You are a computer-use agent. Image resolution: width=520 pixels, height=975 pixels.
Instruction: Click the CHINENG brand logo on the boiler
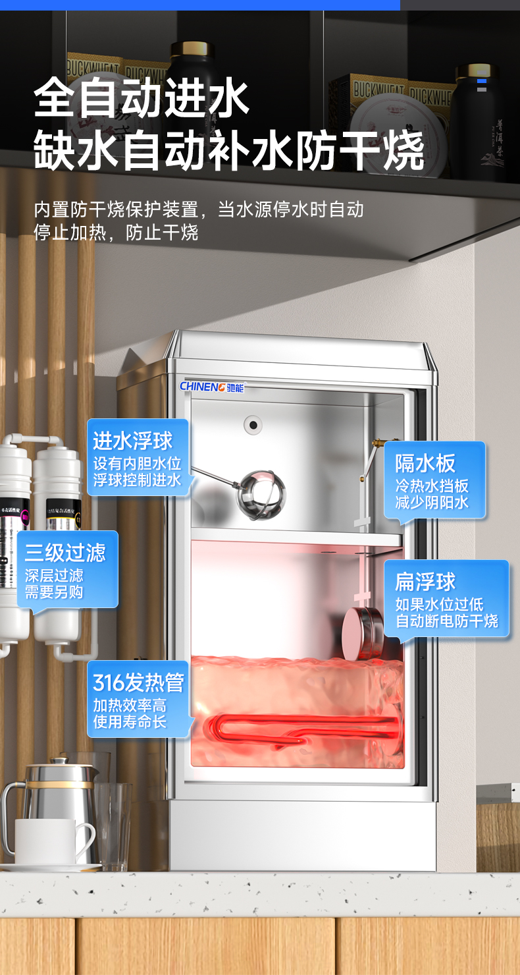pos(212,387)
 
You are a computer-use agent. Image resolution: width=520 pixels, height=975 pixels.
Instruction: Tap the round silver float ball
pos(261,493)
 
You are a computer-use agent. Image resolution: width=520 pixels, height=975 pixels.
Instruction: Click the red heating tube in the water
pos(303,730)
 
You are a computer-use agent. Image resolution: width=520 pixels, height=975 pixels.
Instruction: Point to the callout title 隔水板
pos(425,463)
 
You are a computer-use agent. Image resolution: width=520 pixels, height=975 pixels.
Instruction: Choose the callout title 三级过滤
pos(65,552)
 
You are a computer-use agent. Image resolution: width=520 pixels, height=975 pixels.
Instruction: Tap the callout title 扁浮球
pos(425,582)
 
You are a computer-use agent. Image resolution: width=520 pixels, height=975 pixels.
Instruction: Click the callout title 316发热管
pos(138,682)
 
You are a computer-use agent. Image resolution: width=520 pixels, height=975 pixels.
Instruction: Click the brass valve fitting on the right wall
pos(376,443)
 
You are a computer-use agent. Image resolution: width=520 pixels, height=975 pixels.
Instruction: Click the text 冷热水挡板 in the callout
pos(432,486)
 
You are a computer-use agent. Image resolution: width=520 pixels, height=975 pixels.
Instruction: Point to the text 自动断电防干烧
pos(446,621)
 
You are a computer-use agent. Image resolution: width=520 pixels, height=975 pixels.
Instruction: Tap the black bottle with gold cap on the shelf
pos(191,79)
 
